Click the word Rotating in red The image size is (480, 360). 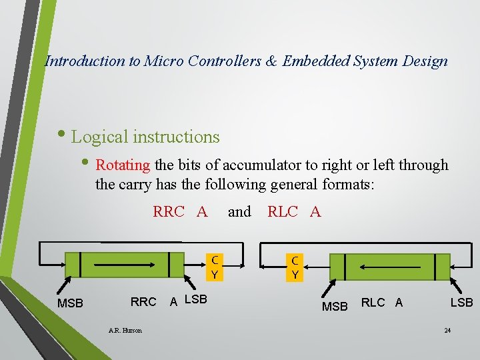(123, 165)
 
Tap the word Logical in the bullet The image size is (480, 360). (100, 137)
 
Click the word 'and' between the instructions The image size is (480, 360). (239, 212)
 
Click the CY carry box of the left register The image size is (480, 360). (215, 266)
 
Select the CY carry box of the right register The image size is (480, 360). (294, 266)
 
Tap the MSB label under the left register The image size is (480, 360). (71, 304)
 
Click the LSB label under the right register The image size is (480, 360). (461, 303)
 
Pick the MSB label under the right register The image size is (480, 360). (335, 307)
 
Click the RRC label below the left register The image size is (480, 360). (143, 302)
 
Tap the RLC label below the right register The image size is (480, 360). (373, 303)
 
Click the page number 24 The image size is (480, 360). (447, 331)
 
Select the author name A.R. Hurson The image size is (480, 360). (125, 331)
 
